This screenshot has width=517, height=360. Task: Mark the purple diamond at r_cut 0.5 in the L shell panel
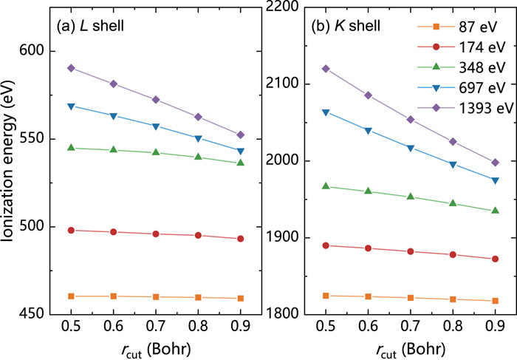tap(71, 68)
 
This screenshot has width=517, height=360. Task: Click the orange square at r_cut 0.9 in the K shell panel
tap(495, 301)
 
